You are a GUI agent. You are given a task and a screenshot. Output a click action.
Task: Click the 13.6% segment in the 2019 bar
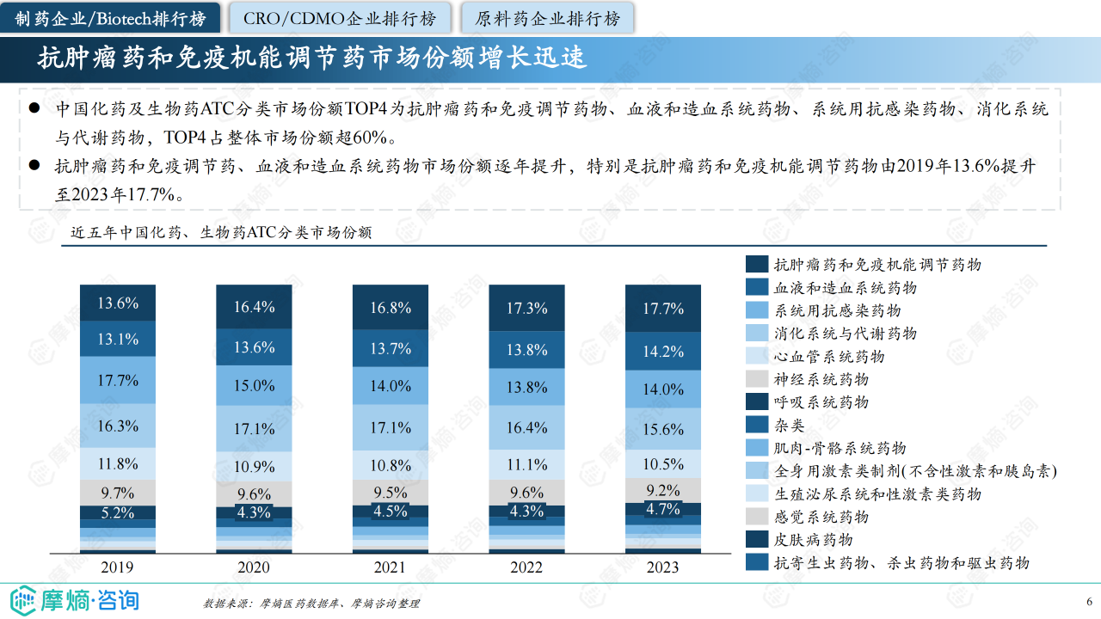[118, 303]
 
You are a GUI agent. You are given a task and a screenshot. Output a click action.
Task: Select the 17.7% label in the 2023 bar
[663, 309]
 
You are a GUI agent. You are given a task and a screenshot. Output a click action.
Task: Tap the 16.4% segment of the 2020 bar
[254, 307]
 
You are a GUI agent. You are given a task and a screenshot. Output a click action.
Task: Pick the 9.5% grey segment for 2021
[391, 493]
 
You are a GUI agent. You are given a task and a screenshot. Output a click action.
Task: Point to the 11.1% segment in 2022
[526, 464]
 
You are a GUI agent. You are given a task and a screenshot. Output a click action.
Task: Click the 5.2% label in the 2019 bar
[118, 513]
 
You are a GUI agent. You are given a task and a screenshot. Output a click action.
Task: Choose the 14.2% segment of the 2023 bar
[663, 352]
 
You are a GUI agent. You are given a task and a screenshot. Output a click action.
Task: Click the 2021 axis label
[391, 567]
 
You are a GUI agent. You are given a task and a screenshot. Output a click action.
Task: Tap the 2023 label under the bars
[663, 567]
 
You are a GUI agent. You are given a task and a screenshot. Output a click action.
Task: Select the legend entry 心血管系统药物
[828, 356]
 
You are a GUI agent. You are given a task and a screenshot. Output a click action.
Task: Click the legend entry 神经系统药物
[821, 379]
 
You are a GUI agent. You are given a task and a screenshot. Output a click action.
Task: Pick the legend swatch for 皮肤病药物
[757, 539]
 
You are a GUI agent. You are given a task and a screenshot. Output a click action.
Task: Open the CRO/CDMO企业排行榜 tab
[339, 18]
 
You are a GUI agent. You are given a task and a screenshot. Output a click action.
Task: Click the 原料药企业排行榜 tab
[547, 18]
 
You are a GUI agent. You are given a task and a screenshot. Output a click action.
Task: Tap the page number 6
[1089, 601]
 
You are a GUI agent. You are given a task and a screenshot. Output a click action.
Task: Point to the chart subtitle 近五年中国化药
[221, 232]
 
